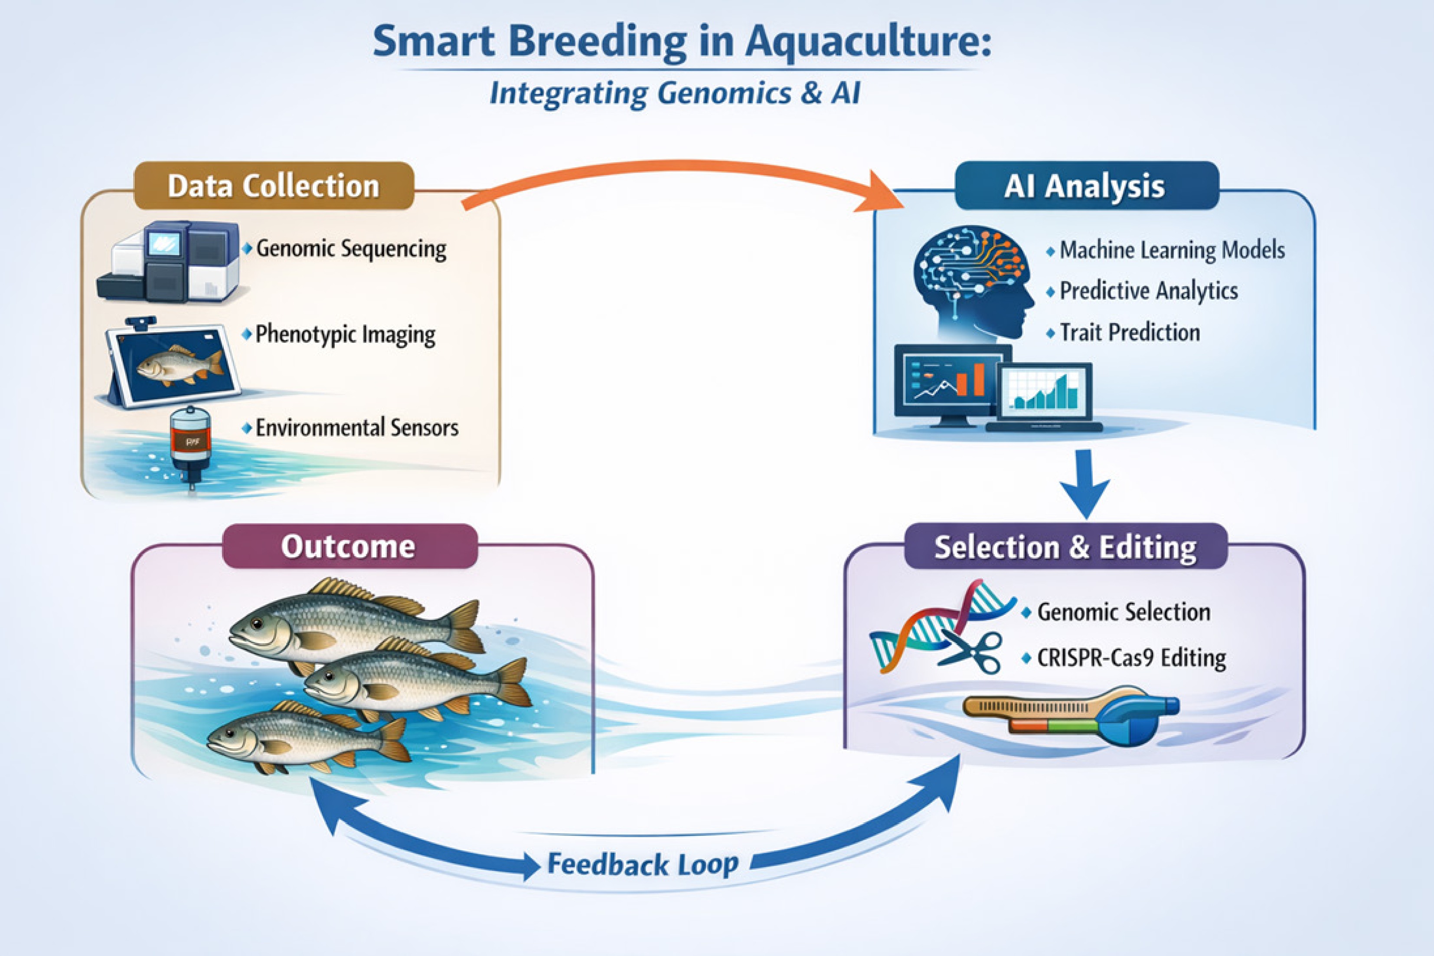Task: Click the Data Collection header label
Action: (274, 186)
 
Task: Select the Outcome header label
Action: (349, 546)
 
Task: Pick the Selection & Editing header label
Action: (1065, 547)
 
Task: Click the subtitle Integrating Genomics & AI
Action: (675, 93)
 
